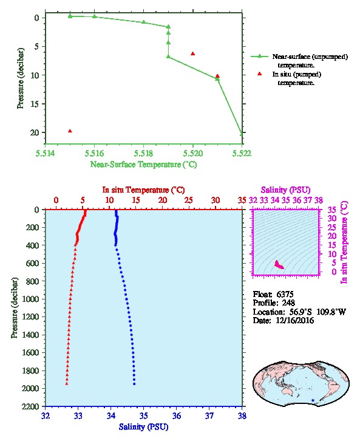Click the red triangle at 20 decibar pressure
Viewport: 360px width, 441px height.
pyautogui.click(x=70, y=131)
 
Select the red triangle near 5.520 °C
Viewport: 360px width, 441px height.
pyautogui.click(x=193, y=53)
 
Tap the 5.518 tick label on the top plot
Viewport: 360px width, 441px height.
pyautogui.click(x=143, y=153)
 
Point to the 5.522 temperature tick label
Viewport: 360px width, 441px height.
pyautogui.click(x=242, y=153)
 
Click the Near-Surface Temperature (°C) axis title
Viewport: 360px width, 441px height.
pyautogui.click(x=143, y=165)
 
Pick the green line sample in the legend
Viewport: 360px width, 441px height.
pyautogui.click(x=259, y=56)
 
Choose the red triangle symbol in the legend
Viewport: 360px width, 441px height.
pyautogui.click(x=259, y=73)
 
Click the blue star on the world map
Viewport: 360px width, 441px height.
pyautogui.click(x=313, y=400)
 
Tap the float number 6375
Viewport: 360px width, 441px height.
pyautogui.click(x=285, y=295)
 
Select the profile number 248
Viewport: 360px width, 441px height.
pyautogui.click(x=288, y=303)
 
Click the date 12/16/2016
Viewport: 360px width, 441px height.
pyautogui.click(x=295, y=321)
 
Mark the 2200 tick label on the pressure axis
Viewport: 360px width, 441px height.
pyautogui.click(x=30, y=406)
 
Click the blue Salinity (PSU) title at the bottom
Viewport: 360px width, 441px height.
pyautogui.click(x=143, y=427)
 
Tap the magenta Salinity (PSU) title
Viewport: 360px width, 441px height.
pyautogui.click(x=285, y=190)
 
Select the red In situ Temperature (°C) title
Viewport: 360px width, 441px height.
pyautogui.click(x=143, y=190)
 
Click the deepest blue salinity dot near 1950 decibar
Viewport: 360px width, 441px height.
pyautogui.click(x=134, y=384)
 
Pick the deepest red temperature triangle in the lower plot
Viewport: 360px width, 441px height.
pyautogui.click(x=67, y=384)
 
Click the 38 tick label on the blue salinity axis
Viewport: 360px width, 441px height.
pyautogui.click(x=242, y=415)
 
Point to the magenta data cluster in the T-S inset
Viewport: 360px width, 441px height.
pyautogui.click(x=279, y=265)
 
